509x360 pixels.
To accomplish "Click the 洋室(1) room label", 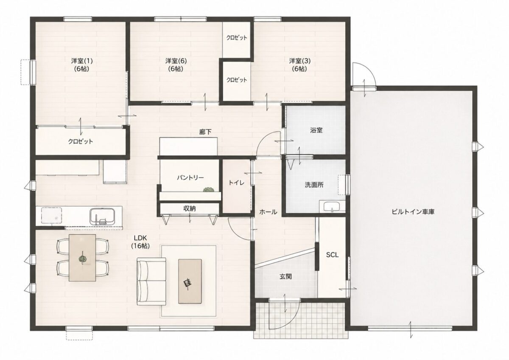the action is [x=82, y=61].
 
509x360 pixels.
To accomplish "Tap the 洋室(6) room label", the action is [x=176, y=61].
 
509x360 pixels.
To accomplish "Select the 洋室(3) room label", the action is [x=300, y=61].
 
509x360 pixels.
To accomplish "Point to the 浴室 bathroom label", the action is [x=316, y=130].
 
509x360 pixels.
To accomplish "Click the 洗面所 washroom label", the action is [x=314, y=185].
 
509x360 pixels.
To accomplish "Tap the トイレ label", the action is [x=236, y=183].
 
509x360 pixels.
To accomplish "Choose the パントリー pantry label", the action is [x=190, y=177].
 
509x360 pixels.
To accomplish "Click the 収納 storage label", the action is [x=190, y=208].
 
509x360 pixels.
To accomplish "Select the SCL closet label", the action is [x=332, y=255].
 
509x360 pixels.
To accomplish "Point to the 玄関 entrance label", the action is [x=285, y=276].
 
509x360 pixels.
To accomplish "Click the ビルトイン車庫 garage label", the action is [x=413, y=212].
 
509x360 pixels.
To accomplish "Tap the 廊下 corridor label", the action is [x=205, y=132].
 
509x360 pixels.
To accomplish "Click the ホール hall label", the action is [x=268, y=212].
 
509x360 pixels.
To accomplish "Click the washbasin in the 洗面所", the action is [x=332, y=207].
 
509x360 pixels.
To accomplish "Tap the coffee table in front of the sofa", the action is [x=190, y=281].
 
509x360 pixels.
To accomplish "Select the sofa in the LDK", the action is [x=151, y=281].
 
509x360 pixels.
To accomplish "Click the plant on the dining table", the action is [x=82, y=259].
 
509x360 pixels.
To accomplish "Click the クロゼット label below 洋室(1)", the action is [x=81, y=141].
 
